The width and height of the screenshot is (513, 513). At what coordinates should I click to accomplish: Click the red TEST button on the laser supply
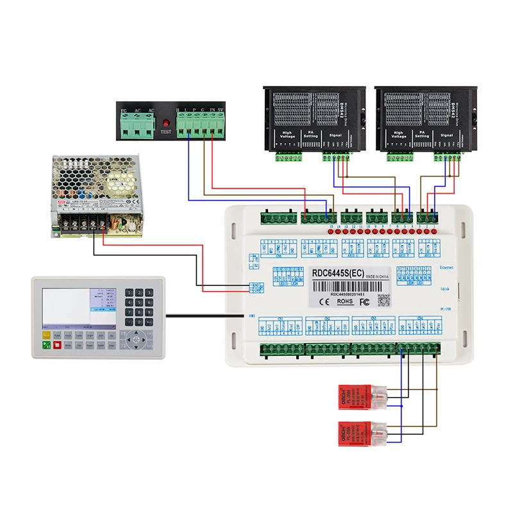point(165,121)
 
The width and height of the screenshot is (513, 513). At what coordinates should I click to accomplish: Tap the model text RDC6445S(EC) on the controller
point(337,273)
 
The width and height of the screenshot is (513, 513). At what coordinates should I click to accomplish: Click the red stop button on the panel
point(58,345)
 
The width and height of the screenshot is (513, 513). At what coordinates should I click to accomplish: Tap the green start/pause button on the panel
point(46,345)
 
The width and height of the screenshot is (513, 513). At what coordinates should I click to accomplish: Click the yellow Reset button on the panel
point(46,335)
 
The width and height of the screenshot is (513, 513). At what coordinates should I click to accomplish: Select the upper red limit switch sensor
point(356,396)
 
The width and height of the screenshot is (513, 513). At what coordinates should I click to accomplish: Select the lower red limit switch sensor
point(356,433)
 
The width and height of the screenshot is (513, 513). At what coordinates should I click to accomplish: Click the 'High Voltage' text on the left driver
point(287,135)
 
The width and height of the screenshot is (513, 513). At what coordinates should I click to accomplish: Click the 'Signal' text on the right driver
point(447,135)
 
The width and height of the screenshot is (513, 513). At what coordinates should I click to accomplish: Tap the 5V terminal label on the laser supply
point(221,110)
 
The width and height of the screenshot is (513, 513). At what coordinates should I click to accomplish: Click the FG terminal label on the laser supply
point(123,110)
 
